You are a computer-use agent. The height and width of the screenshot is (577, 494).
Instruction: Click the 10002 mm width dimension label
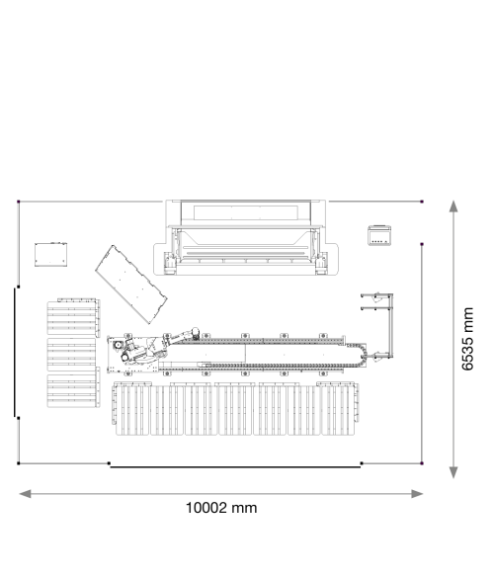[x=221, y=508]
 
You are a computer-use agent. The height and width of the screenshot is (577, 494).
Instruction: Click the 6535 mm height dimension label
[x=467, y=339]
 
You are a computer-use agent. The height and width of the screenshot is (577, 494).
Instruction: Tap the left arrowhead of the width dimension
[x=25, y=494]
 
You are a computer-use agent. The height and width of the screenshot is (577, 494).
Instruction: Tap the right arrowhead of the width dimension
[x=417, y=494]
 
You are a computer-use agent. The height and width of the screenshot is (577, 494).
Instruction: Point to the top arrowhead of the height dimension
[x=453, y=206]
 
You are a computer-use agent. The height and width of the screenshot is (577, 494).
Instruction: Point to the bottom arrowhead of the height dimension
[x=453, y=472]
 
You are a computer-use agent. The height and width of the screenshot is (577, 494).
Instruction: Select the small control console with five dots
[x=379, y=235]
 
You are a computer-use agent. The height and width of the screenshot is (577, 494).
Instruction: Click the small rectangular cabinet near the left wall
[x=50, y=254]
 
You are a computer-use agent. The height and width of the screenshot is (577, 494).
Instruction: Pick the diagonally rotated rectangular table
[x=131, y=285]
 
